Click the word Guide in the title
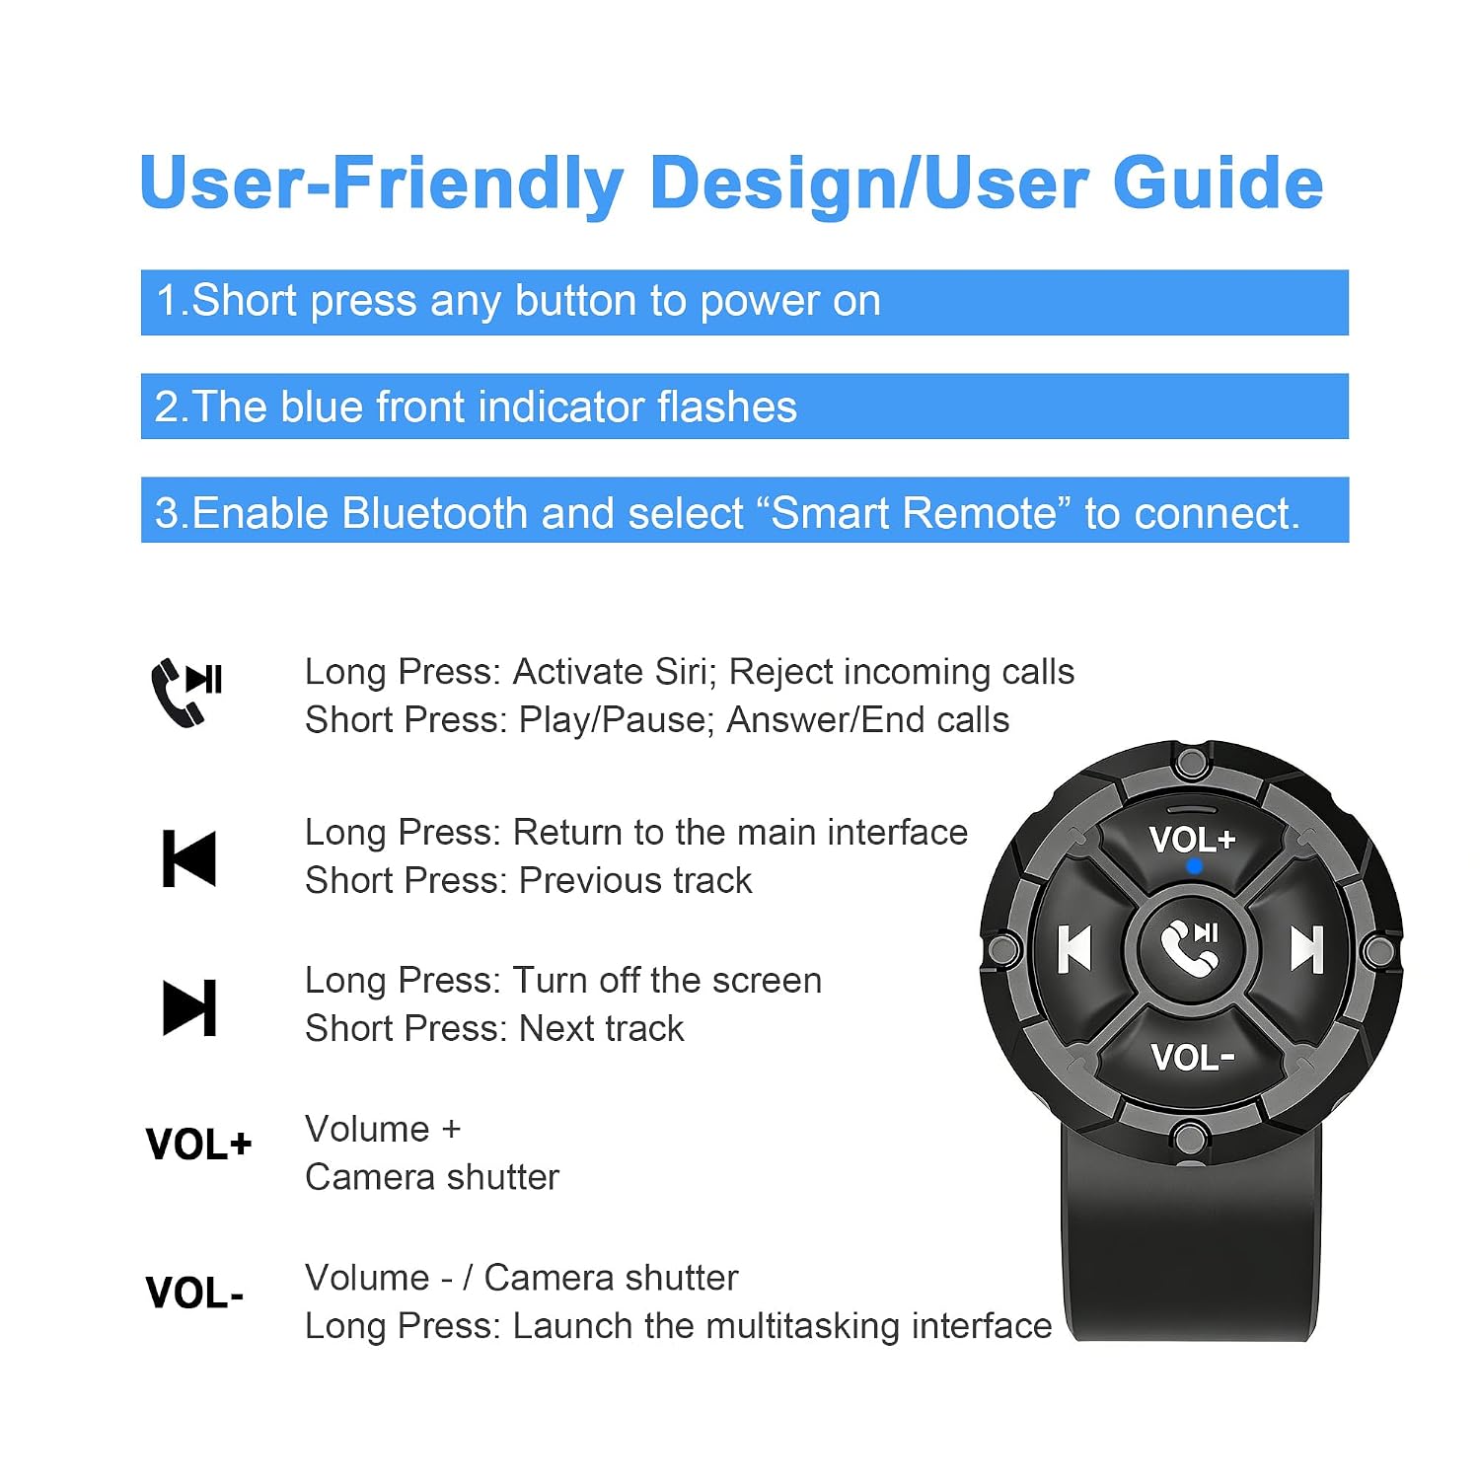click(1218, 184)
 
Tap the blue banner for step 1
click(745, 302)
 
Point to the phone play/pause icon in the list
click(186, 692)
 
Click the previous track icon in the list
click(188, 858)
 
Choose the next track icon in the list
click(188, 1007)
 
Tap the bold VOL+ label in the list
click(198, 1145)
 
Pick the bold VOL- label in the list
click(194, 1293)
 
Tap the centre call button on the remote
click(1191, 946)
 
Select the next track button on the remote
click(1306, 949)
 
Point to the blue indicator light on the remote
click(1194, 866)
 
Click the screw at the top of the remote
click(1191, 763)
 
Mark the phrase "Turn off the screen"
click(667, 980)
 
